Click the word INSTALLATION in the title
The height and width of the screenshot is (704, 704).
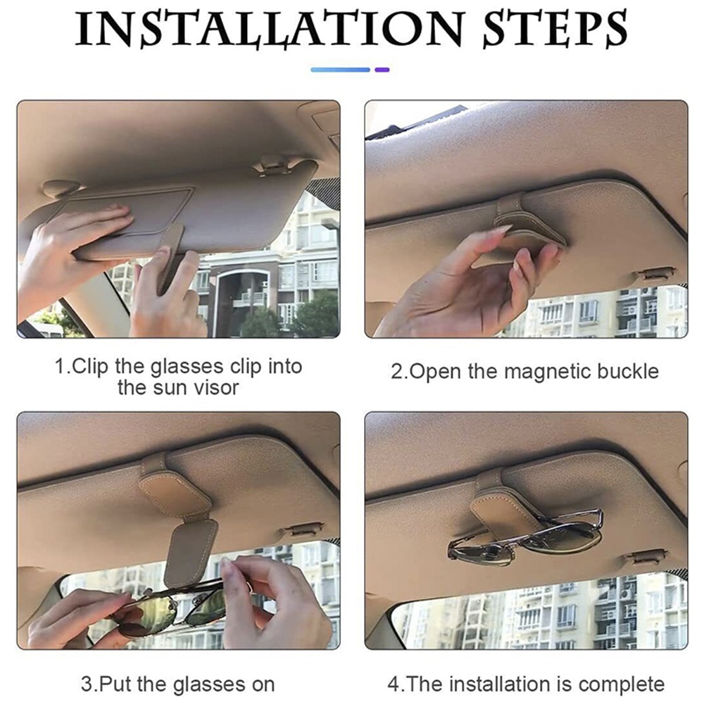coord(268,29)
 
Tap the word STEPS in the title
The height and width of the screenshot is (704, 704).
coord(555,29)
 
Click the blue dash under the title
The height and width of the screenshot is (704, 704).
coord(340,70)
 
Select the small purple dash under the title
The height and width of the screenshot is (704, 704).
coord(382,70)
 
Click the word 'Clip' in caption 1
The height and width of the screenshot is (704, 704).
coord(89,367)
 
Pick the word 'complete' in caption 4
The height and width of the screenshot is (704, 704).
coord(622,685)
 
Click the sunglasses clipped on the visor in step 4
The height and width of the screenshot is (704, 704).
coord(525,536)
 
